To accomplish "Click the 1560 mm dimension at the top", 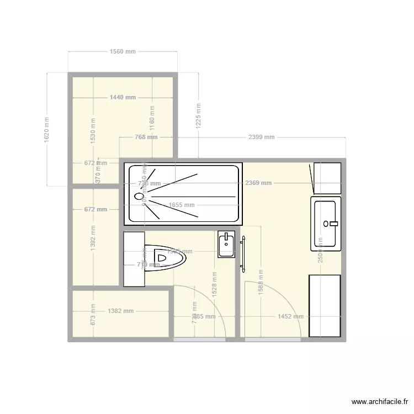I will click(123, 52).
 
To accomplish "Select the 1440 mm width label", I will click(123, 97).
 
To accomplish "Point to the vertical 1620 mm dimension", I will click(47, 130).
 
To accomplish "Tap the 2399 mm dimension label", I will click(261, 137).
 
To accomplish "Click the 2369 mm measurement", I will click(259, 183).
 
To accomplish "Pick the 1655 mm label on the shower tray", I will click(182, 205).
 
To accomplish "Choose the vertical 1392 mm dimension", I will click(93, 237).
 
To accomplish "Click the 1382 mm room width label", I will click(121, 311).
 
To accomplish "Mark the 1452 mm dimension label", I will click(290, 317).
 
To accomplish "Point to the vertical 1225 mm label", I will click(198, 116).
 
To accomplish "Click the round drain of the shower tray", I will click(139, 195).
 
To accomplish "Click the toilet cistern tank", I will click(134, 259).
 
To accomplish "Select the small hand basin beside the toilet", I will click(226, 244).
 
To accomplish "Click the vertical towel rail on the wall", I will click(242, 253).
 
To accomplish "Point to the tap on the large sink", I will click(331, 224).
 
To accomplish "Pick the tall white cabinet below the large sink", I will click(325, 305).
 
